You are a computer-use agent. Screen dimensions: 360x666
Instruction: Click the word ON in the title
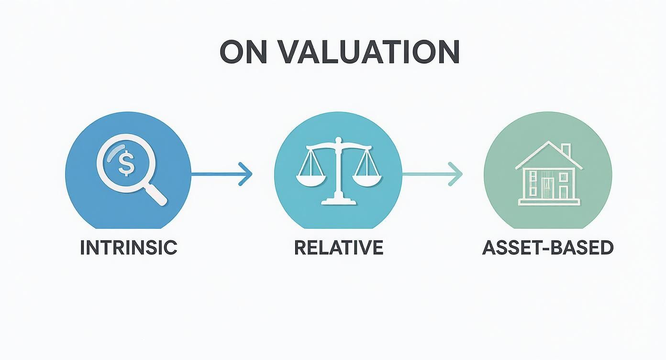coord(243,52)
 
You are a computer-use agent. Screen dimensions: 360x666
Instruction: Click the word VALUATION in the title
coord(368,52)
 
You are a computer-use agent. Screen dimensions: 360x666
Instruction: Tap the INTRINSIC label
coord(128,247)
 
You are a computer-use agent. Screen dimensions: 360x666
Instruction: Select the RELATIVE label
coord(338,247)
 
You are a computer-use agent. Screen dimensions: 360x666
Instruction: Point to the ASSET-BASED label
coord(548,247)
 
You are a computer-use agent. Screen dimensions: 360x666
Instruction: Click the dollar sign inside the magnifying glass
coord(125,163)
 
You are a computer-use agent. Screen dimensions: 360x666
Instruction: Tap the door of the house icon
coord(547,188)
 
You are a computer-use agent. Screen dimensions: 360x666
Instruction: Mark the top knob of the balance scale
coord(338,140)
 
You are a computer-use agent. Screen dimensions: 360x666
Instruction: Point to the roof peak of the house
coord(548,143)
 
